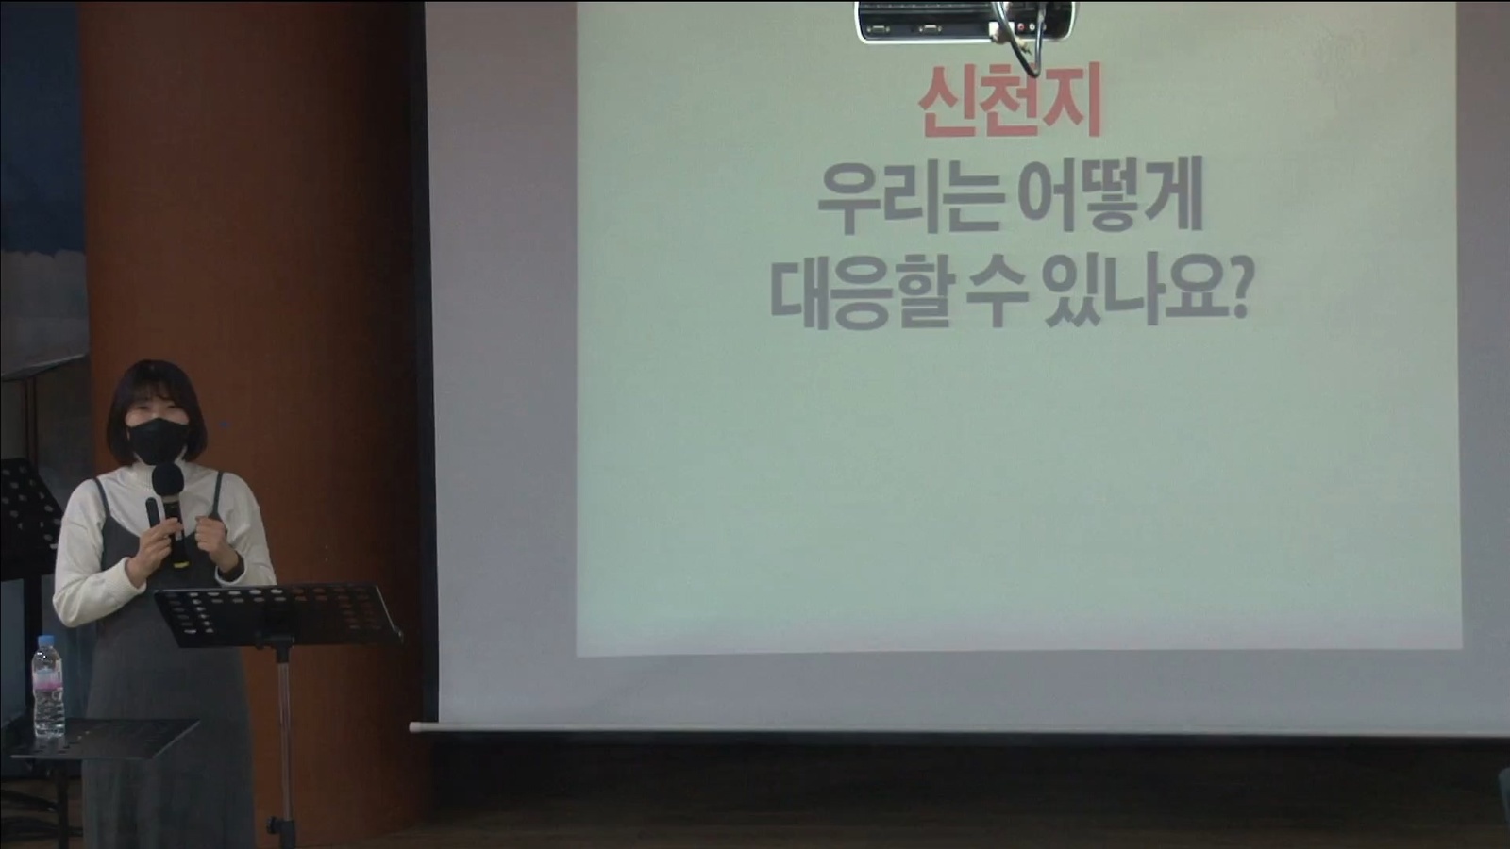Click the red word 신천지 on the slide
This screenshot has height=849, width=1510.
click(1009, 101)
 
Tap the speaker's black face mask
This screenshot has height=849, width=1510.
click(157, 441)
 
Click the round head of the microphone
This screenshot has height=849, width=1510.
click(167, 480)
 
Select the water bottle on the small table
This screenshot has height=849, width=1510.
click(48, 687)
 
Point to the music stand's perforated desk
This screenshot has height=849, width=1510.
click(277, 614)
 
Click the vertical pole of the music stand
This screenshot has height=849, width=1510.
click(284, 741)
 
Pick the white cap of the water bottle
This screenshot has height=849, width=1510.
click(46, 639)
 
